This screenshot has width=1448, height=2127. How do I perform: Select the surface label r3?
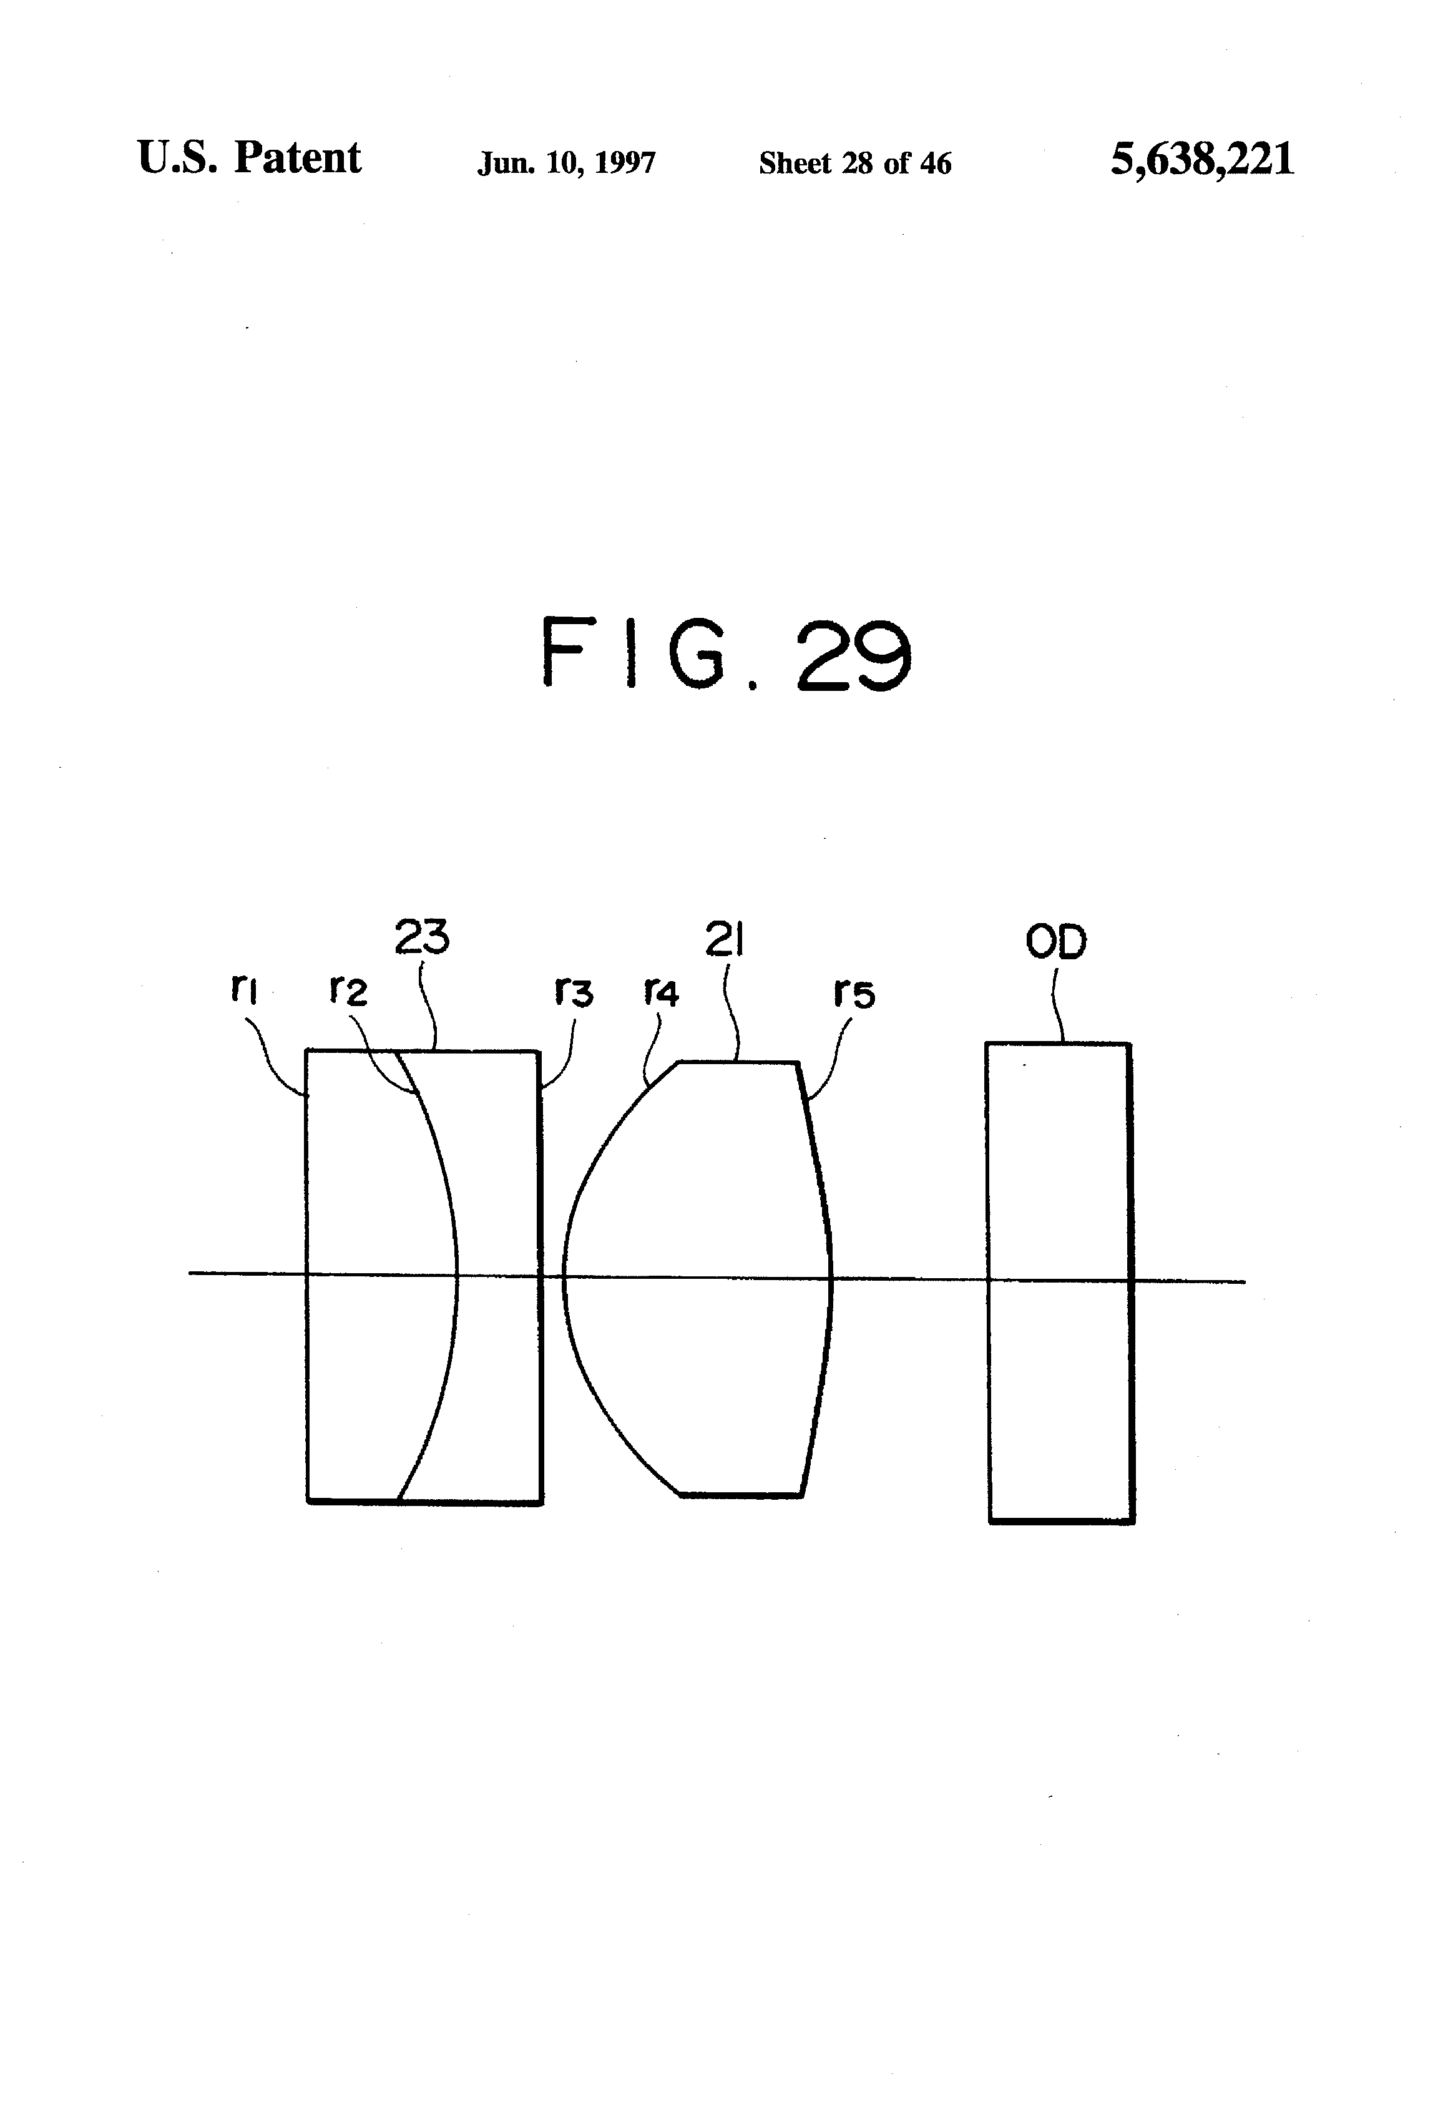(574, 992)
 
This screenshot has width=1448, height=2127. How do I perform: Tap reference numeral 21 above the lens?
(724, 939)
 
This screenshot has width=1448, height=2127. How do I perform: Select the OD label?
(1056, 942)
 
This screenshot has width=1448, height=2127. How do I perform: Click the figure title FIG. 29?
(726, 653)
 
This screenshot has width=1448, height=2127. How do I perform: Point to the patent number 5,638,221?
(1202, 159)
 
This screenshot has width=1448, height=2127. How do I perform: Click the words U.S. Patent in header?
(249, 157)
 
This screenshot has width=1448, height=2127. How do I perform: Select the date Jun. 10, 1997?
(565, 163)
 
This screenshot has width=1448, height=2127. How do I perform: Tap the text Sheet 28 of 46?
(855, 163)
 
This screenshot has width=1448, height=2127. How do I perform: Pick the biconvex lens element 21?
(705, 1281)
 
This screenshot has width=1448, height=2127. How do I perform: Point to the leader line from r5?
(828, 1062)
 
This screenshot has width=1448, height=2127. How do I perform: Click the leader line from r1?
(275, 1062)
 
